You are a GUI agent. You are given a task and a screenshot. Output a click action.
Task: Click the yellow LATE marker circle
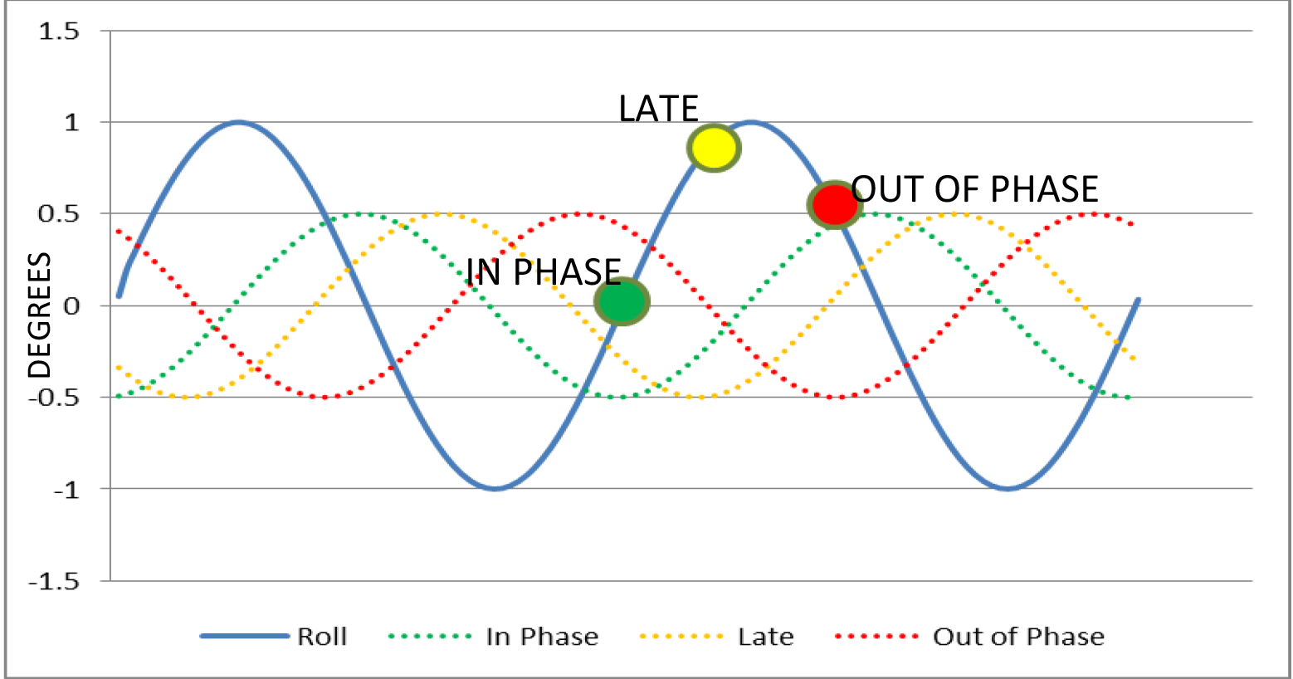tap(714, 148)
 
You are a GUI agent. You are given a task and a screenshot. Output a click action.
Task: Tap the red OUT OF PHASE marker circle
tap(835, 204)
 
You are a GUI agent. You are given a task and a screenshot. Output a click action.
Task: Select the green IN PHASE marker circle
tap(622, 301)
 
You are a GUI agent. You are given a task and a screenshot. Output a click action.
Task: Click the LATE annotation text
tap(659, 109)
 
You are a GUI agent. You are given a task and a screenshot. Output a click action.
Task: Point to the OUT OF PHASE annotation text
tap(974, 188)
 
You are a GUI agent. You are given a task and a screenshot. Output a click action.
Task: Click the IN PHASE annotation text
tap(543, 271)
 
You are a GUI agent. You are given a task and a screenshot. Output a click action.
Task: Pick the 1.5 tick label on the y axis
tap(59, 31)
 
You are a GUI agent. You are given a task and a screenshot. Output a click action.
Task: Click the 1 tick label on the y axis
tap(71, 122)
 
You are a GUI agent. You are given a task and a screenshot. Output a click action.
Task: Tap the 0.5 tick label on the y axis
tap(59, 214)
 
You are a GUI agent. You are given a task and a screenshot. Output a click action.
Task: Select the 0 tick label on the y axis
tap(71, 306)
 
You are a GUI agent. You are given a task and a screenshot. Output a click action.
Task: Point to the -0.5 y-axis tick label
tap(54, 398)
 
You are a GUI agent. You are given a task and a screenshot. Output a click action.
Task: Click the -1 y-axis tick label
tap(66, 490)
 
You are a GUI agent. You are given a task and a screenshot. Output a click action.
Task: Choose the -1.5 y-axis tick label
tap(54, 581)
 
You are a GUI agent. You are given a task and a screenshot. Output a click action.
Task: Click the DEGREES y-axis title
tap(39, 315)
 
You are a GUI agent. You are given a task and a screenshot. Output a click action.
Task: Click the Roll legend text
tap(322, 637)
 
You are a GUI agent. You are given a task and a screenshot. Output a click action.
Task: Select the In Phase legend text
tap(543, 637)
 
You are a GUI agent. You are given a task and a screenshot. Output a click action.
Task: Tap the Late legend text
tap(766, 637)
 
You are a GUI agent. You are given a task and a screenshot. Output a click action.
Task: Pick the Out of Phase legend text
tap(1019, 637)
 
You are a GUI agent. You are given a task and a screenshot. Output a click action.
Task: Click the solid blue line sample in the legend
tap(245, 637)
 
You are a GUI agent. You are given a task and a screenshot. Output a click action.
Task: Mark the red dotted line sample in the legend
tap(876, 637)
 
